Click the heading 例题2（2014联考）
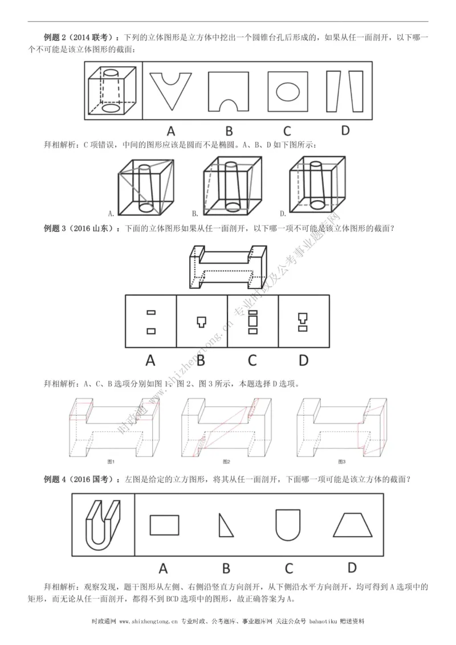[x=81, y=38]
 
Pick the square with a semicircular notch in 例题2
[x=228, y=91]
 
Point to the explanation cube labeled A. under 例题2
[x=145, y=186]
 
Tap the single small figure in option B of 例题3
[x=201, y=321]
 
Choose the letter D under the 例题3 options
[x=303, y=360]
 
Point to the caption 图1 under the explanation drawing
[x=112, y=461]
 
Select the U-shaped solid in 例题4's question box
[x=103, y=524]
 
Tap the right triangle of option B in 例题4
[x=225, y=525]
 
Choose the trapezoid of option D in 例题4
[x=352, y=524]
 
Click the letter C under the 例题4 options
[x=288, y=568]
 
